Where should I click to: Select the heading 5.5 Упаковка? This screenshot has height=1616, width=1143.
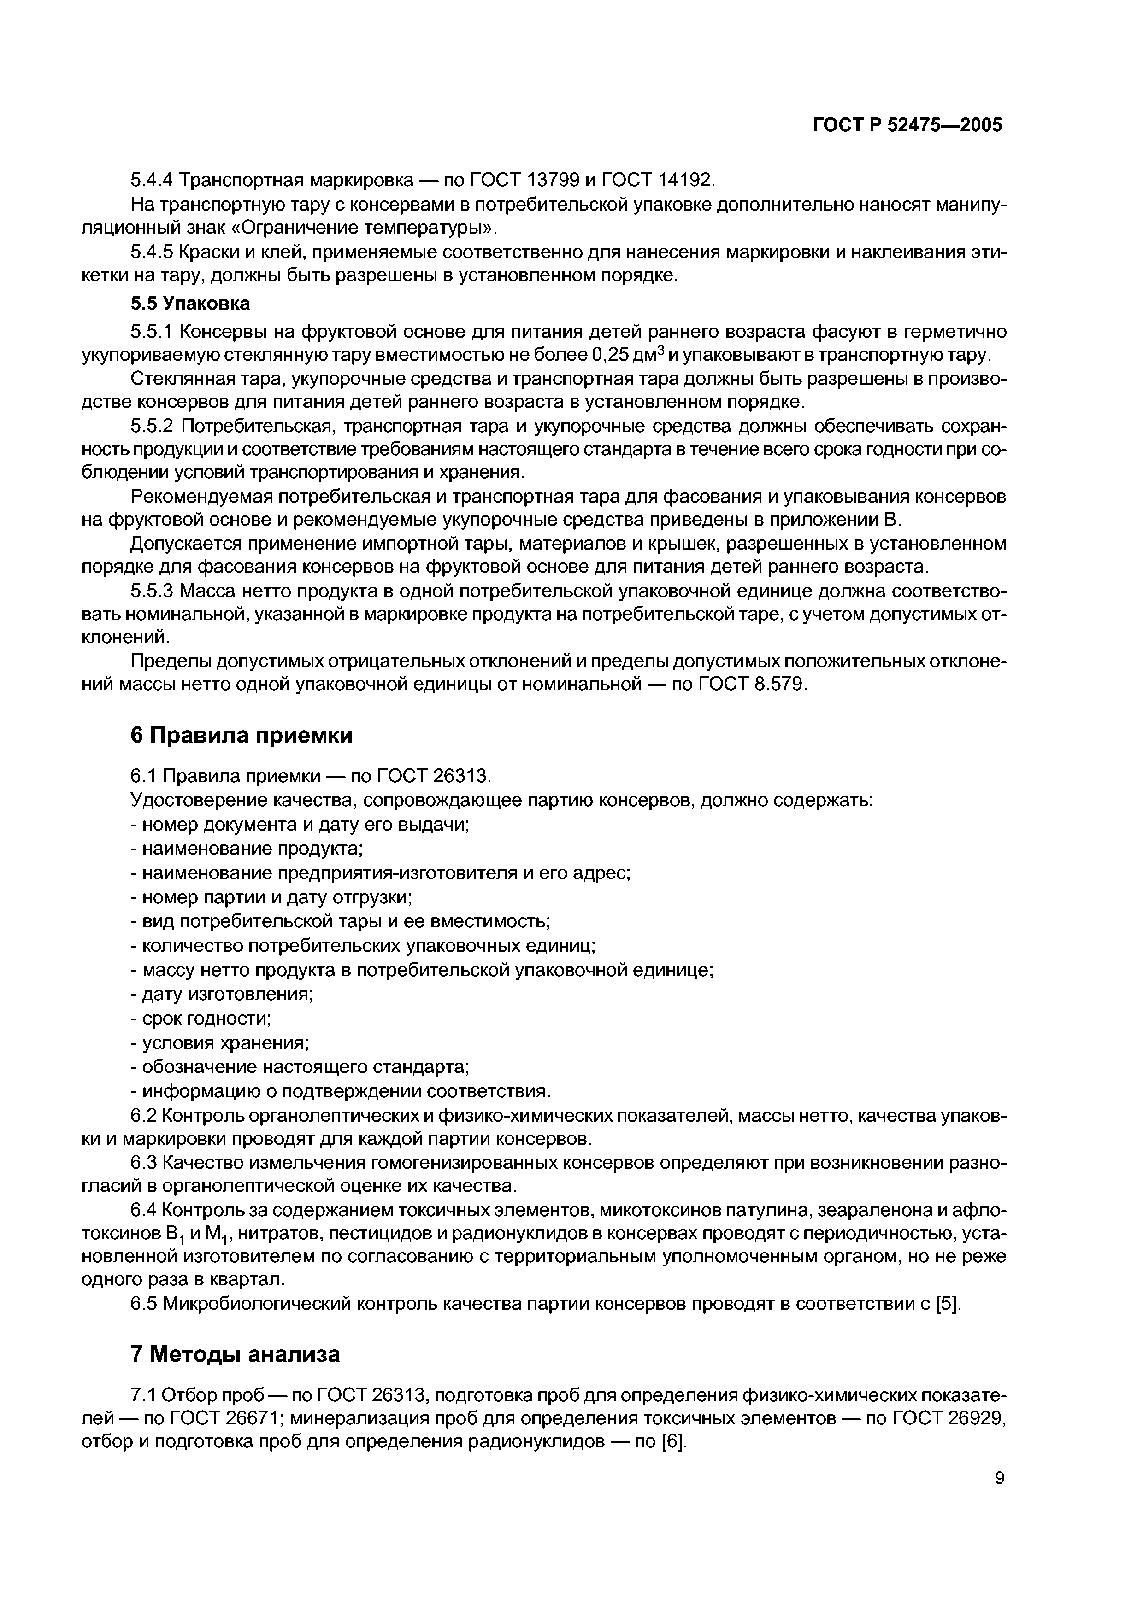[190, 304]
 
